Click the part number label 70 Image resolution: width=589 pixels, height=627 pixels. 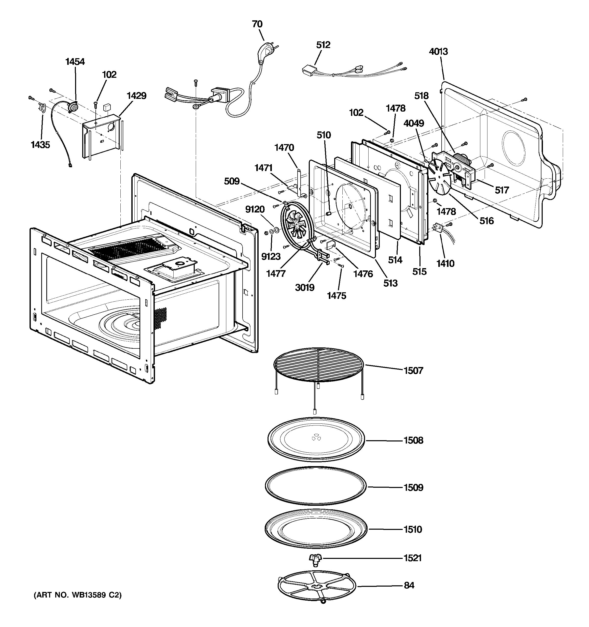pyautogui.click(x=257, y=24)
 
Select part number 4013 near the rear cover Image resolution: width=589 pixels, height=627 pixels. pyautogui.click(x=438, y=51)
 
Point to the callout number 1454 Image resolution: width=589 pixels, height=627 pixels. pyautogui.click(x=75, y=62)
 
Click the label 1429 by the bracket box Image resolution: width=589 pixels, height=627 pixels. pyautogui.click(x=136, y=96)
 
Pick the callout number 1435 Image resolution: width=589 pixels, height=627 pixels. pyautogui.click(x=40, y=145)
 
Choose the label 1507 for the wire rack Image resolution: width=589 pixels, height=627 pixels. pyautogui.click(x=413, y=370)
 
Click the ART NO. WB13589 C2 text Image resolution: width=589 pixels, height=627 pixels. pyautogui.click(x=77, y=595)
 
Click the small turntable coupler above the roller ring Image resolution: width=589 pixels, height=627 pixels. pyautogui.click(x=315, y=559)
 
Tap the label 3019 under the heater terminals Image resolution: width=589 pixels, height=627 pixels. pyautogui.click(x=305, y=287)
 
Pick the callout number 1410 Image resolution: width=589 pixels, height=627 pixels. pyautogui.click(x=445, y=263)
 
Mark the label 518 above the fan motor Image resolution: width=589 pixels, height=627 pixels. pyautogui.click(x=421, y=96)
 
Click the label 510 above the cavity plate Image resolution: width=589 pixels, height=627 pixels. pyautogui.click(x=324, y=135)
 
